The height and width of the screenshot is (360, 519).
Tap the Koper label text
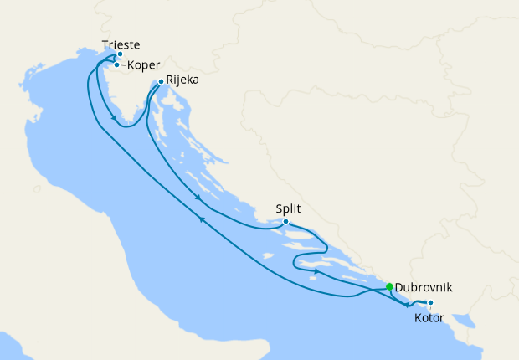[143, 65]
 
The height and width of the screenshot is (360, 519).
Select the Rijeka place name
[182, 81]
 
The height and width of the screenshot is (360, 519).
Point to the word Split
[288, 209]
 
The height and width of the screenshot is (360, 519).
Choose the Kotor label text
[429, 317]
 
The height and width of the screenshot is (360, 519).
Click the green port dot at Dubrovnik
[389, 287]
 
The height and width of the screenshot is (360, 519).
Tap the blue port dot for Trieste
[120, 54]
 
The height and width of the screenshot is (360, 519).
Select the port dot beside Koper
[116, 64]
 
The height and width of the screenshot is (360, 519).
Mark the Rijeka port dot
[161, 82]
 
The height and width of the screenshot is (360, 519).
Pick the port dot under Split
[285, 222]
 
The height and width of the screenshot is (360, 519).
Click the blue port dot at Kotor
[430, 303]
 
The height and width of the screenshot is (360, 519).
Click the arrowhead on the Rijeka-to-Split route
[197, 198]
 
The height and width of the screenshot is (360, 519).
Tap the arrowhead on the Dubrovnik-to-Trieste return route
[202, 219]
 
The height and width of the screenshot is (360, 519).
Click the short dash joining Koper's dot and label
[123, 64]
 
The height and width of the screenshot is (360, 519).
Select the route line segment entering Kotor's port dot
[423, 302]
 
